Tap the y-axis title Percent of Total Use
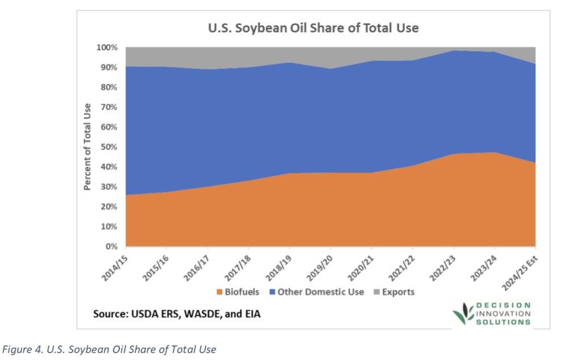pos(88,147)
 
